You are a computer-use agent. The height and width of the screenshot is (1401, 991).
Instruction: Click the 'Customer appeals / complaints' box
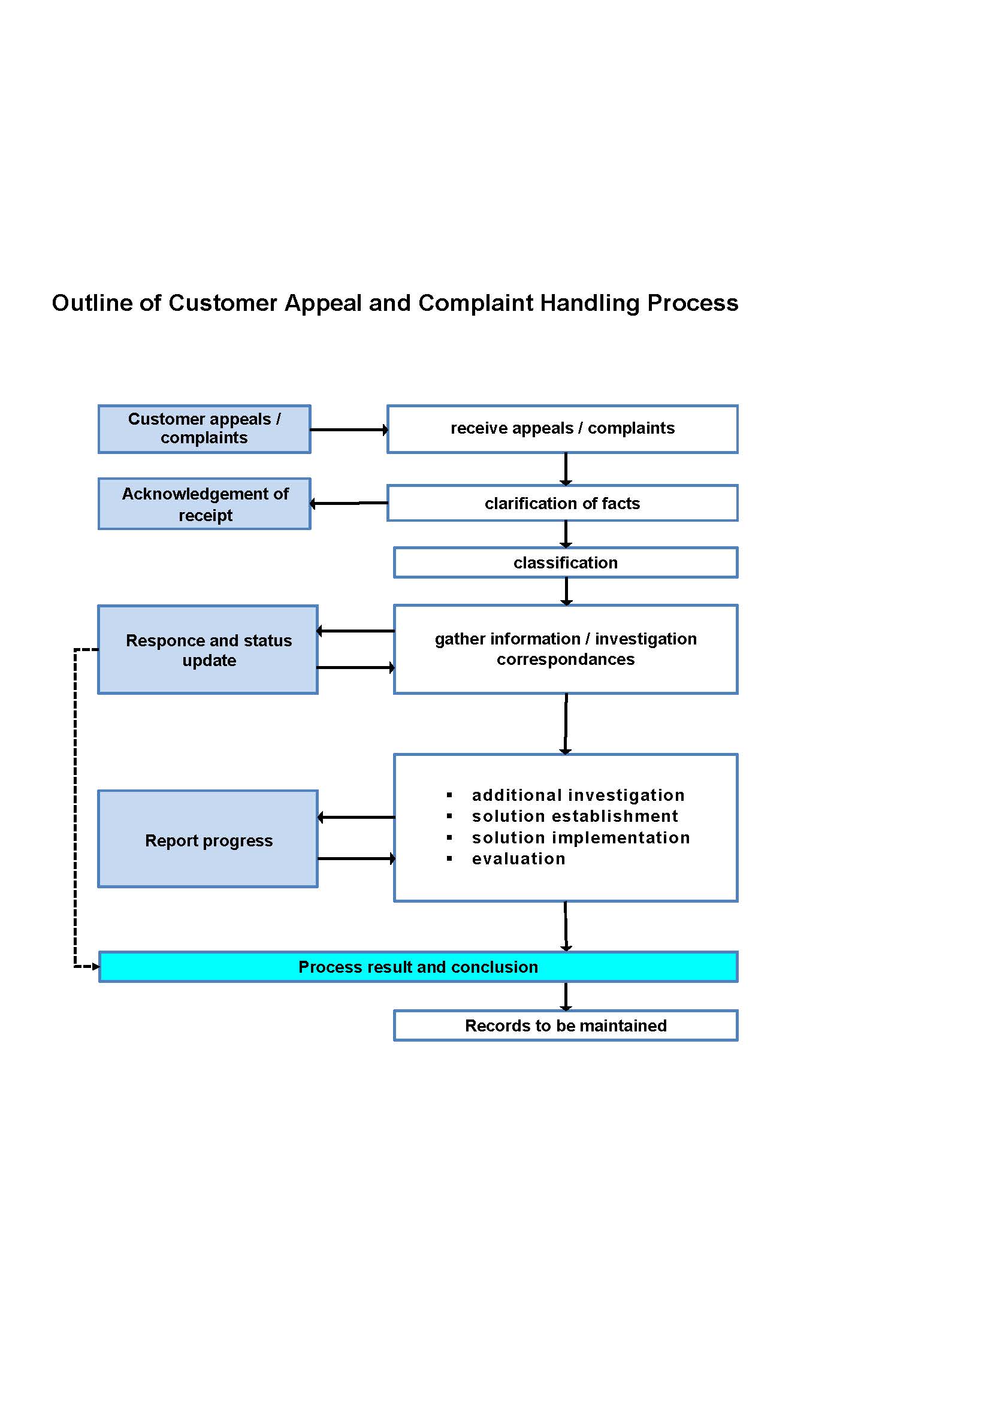(x=204, y=429)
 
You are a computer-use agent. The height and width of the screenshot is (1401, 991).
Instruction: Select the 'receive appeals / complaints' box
(x=563, y=429)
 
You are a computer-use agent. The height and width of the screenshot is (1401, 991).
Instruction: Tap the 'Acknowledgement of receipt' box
(x=204, y=504)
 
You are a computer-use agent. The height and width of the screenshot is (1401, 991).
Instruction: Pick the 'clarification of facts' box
(x=563, y=503)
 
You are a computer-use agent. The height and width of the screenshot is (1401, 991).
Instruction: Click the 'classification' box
(x=566, y=562)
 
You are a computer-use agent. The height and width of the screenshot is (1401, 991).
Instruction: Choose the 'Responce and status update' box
(x=208, y=650)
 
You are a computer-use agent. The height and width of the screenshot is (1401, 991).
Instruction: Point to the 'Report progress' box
(x=208, y=839)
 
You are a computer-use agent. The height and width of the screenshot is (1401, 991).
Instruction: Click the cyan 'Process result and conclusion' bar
(x=419, y=967)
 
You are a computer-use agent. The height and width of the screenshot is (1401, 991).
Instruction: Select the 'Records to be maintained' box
(x=566, y=1025)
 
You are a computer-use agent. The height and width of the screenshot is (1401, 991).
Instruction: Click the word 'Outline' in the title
(x=92, y=303)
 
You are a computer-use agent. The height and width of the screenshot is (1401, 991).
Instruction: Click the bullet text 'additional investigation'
(x=578, y=795)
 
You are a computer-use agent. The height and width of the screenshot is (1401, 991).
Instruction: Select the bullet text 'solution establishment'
(x=575, y=816)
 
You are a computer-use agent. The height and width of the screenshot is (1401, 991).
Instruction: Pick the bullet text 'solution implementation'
(x=581, y=837)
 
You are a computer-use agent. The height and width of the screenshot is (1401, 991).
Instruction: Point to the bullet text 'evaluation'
(x=519, y=858)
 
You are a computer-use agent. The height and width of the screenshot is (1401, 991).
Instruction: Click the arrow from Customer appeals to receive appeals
(x=349, y=429)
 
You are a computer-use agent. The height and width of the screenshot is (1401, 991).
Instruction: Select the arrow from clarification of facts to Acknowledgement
(x=349, y=503)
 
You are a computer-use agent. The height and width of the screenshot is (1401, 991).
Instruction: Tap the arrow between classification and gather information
(x=566, y=591)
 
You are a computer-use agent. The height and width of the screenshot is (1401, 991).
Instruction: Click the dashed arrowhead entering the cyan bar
(x=96, y=967)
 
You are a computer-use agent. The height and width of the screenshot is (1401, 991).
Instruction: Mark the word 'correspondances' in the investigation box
(x=566, y=659)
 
